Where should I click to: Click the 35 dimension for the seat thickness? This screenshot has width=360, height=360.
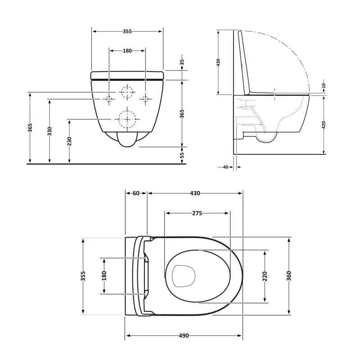(x=182, y=63)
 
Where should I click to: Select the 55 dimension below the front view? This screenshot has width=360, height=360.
(x=182, y=154)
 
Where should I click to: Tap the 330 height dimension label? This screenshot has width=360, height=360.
(x=50, y=131)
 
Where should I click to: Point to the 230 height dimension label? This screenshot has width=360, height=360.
(x=70, y=141)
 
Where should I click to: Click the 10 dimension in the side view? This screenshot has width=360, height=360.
(x=324, y=85)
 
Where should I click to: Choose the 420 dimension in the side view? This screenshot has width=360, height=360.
(x=324, y=125)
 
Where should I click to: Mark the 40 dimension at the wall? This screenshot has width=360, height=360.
(x=225, y=167)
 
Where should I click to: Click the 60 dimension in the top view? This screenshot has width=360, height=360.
(x=136, y=193)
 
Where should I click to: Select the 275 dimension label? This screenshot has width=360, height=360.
(x=197, y=213)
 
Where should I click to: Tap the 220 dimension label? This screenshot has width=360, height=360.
(x=265, y=275)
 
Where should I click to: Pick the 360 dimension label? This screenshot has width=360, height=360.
(x=288, y=275)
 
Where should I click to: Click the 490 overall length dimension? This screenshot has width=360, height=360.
(x=184, y=336)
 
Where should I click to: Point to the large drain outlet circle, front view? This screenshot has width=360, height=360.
(x=126, y=119)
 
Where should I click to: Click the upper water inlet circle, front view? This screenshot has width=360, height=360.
(x=128, y=92)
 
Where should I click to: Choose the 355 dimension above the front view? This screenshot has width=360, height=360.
(x=127, y=31)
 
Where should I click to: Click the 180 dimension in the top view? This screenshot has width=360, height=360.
(x=104, y=275)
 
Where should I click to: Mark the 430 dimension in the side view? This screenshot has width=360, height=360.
(x=218, y=62)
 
